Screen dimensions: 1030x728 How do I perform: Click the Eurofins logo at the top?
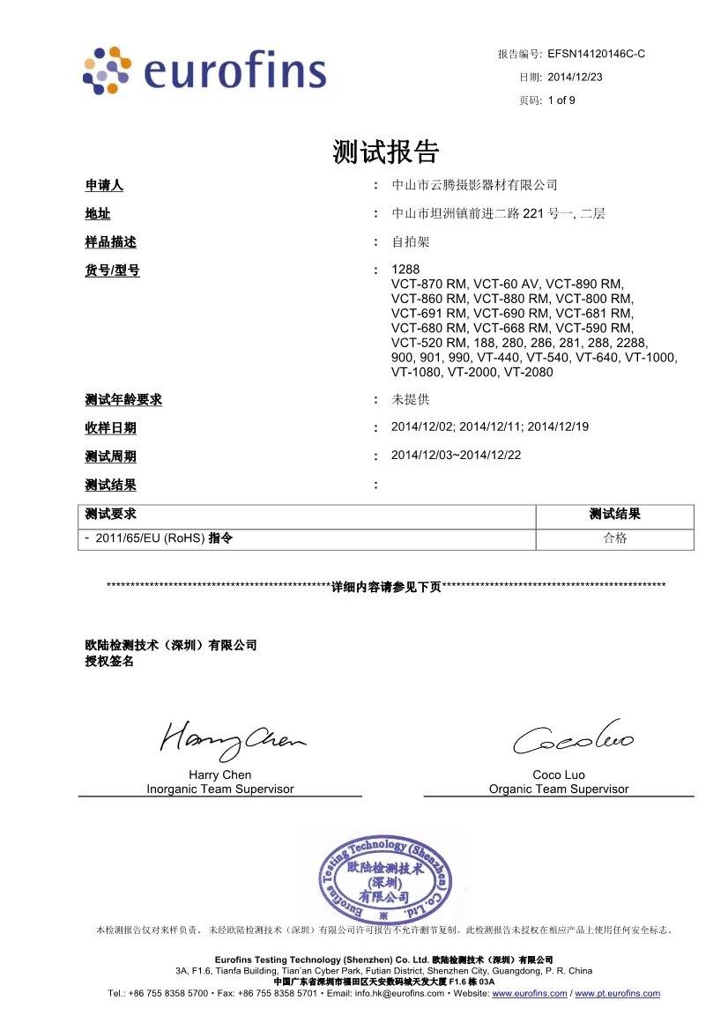pos(204,70)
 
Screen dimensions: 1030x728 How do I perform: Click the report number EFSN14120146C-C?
pos(597,54)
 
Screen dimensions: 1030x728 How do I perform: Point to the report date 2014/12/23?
pos(575,77)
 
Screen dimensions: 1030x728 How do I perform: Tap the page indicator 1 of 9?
pos(561,100)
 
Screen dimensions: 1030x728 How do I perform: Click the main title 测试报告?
pos(386,152)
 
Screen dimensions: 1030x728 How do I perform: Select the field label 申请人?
pos(103,185)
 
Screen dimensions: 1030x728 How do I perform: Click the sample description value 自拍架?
pos(410,241)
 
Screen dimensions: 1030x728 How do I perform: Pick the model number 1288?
pos(405,270)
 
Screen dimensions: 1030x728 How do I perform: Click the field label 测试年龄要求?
pos(123,400)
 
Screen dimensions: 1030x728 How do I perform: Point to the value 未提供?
pos(410,400)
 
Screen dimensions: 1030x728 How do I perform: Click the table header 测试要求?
pos(110,515)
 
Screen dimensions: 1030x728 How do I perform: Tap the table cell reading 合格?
pos(614,538)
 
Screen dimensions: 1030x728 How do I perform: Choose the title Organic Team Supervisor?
pos(559,789)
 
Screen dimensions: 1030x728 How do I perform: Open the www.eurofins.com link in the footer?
pos(529,993)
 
